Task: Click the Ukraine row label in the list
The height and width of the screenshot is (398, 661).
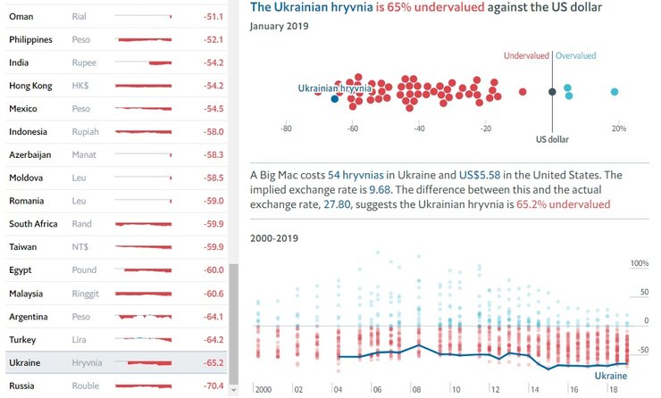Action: tap(25, 363)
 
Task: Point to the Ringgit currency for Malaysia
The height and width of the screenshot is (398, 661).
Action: tap(87, 294)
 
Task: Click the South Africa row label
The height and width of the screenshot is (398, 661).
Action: tap(34, 224)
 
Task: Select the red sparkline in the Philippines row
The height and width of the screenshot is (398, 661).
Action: tap(144, 40)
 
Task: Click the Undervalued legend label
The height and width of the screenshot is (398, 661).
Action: tap(526, 55)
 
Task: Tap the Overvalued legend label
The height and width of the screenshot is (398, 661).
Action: tap(576, 55)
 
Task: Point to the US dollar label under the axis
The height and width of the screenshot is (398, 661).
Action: tap(552, 139)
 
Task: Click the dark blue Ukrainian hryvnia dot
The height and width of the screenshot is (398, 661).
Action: tap(335, 99)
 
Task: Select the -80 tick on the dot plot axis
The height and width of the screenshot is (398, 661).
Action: tap(286, 128)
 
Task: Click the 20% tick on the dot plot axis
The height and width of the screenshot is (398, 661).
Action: tap(617, 128)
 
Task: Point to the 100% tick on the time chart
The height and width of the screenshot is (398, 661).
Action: tap(639, 264)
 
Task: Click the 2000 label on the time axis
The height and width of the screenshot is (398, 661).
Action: tap(263, 389)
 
